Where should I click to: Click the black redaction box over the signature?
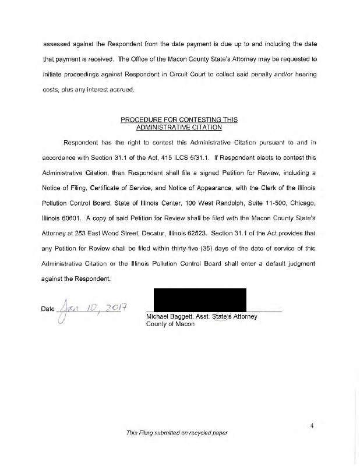click(x=199, y=299)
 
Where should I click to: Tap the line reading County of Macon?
click(x=170, y=324)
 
